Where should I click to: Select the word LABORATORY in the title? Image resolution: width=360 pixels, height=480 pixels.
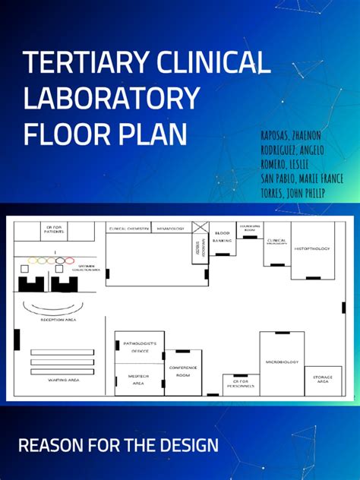point(112,98)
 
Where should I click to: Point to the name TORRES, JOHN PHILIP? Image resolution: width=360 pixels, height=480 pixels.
point(292,194)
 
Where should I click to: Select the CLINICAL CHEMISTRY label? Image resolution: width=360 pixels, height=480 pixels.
point(128,228)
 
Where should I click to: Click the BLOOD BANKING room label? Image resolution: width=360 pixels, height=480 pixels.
point(223,236)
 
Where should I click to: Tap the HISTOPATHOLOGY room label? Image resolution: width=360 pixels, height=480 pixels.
point(312,248)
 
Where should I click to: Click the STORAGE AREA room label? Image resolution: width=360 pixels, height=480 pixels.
point(321,379)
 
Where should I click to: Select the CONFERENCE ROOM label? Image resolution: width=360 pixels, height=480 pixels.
point(183,371)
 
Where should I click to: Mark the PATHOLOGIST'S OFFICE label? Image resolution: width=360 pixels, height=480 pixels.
point(139,346)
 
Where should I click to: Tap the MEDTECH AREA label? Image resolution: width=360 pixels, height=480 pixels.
point(137,381)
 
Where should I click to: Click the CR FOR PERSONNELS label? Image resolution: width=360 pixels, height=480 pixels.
point(240,384)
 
